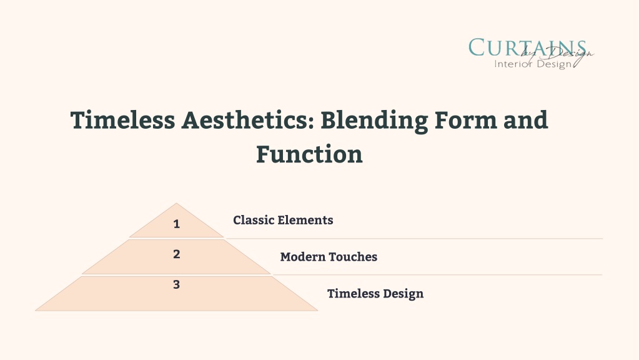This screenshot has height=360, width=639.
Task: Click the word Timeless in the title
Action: coord(122,120)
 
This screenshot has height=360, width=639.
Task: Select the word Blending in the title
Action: coord(374,121)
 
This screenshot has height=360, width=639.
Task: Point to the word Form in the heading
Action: coord(466,120)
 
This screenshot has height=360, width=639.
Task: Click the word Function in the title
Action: coord(309,154)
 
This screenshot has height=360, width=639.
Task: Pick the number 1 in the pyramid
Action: coord(176,224)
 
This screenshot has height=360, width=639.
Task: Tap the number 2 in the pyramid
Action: coord(176,254)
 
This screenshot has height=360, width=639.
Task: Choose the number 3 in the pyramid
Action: coord(176,284)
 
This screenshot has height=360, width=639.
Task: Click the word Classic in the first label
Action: coord(254,220)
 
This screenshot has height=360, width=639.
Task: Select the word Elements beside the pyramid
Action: coord(306,220)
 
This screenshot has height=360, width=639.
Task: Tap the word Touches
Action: coord(353,257)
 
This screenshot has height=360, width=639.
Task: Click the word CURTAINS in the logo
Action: coord(527,47)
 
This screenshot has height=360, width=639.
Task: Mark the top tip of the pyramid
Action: coord(176,203)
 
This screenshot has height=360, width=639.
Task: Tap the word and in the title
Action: coord(526,120)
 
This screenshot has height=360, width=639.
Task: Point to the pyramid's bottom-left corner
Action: coord(36,311)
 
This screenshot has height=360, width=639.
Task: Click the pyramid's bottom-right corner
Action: coord(317,311)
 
